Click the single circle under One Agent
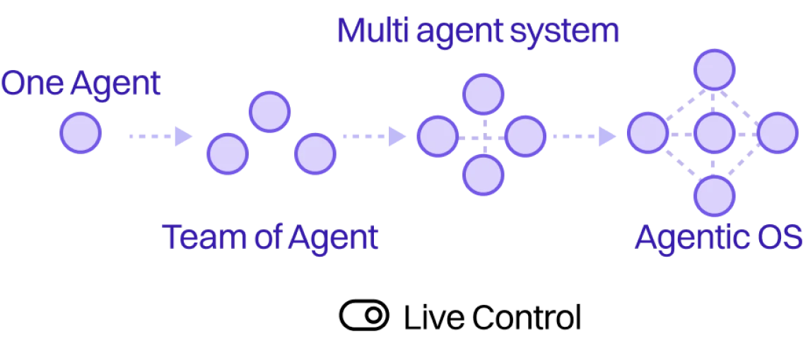tap(79, 133)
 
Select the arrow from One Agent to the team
tap(159, 135)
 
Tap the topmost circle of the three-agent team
tap(269, 111)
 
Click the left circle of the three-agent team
tap(227, 153)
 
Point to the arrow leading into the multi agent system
tap(373, 135)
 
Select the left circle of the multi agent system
tap(438, 136)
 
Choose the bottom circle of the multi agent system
tap(483, 175)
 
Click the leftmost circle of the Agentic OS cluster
tap(647, 133)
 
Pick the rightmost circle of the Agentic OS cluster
tap(778, 133)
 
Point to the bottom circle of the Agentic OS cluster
tap(714, 196)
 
